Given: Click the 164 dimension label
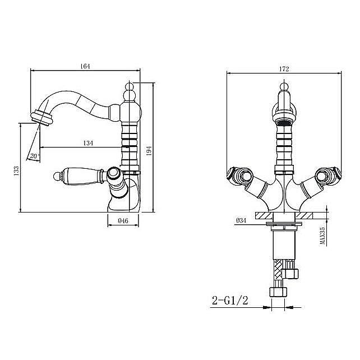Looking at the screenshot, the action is (85, 66).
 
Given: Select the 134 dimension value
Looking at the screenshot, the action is (88, 143).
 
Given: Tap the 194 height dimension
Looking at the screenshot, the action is (149, 151).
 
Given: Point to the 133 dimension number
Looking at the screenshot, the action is (16, 171).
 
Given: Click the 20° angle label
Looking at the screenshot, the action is (35, 156).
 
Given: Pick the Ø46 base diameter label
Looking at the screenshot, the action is (123, 221).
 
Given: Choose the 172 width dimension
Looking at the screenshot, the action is (284, 69).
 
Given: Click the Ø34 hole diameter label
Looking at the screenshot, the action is (241, 220).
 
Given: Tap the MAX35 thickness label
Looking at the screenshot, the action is (323, 236).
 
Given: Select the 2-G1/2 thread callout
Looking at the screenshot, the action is (230, 301).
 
